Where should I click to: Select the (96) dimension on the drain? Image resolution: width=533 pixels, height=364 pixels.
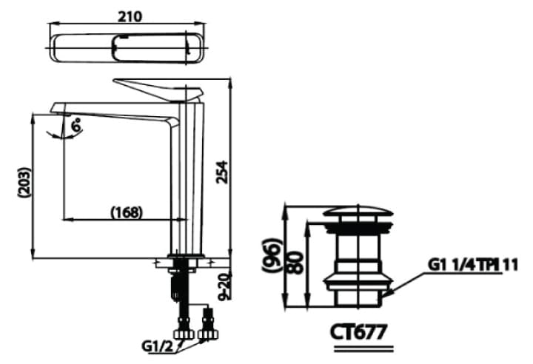[x=275, y=255]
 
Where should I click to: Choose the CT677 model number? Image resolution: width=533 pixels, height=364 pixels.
[x=358, y=331]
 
